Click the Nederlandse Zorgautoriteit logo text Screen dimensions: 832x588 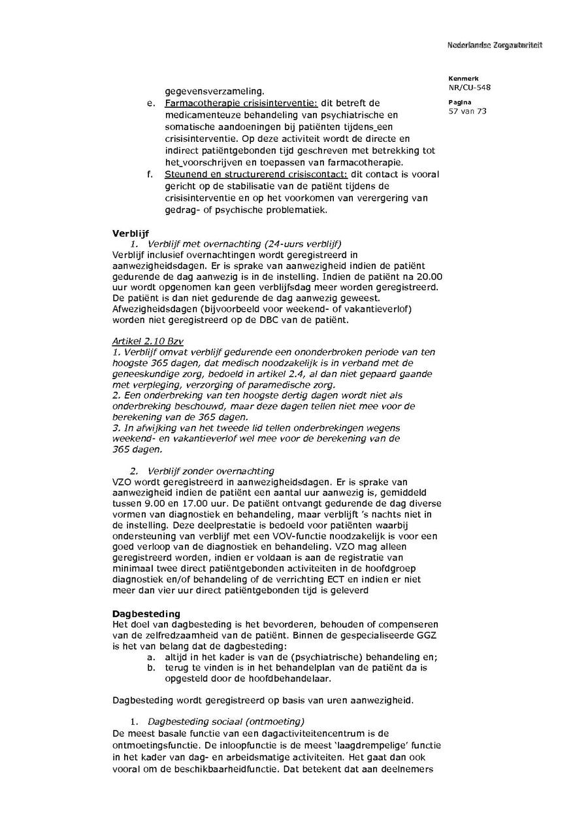point(495,45)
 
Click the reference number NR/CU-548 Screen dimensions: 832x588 point(469,87)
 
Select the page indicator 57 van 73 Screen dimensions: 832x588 point(467,111)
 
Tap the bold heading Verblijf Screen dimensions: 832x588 point(131,232)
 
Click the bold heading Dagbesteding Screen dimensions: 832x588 point(146,614)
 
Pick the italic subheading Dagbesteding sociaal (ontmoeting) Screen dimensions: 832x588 point(226,722)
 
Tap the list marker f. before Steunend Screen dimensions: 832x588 point(151,175)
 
